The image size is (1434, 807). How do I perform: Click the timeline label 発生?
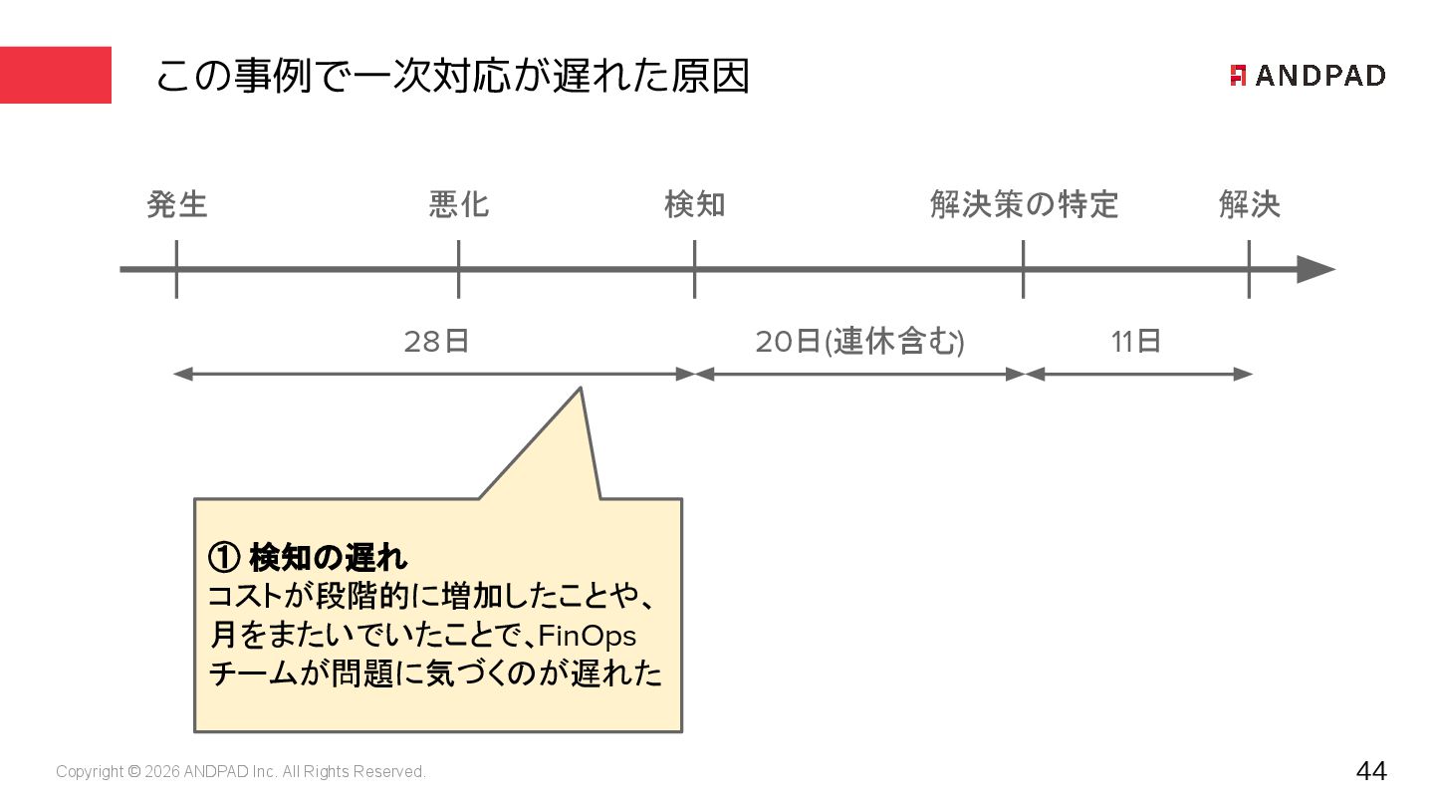tap(177, 205)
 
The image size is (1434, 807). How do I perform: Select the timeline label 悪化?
tap(459, 205)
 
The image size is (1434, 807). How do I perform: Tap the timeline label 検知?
tap(695, 205)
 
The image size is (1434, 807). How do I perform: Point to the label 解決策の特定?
tap(1024, 205)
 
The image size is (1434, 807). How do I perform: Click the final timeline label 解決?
tap(1249, 205)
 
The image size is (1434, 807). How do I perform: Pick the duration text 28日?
tap(436, 342)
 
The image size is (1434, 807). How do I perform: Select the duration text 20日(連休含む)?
tap(859, 342)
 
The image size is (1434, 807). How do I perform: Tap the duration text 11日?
tap(1136, 342)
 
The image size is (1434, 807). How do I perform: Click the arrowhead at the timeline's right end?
tap(1315, 269)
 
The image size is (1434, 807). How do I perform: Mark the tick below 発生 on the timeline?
tap(176, 269)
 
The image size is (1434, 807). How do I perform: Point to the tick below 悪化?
tap(459, 269)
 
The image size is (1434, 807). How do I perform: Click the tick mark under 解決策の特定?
tap(1023, 269)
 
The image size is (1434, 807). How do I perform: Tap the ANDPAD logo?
tap(1308, 76)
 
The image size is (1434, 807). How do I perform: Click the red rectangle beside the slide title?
tap(56, 75)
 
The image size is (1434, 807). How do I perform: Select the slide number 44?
tap(1370, 771)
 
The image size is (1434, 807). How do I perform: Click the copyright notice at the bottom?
tap(241, 772)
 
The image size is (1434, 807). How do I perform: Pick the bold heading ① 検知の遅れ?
tap(309, 557)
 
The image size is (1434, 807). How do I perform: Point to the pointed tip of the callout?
tap(581, 390)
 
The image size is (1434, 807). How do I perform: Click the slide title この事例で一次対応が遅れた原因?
tap(452, 76)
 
